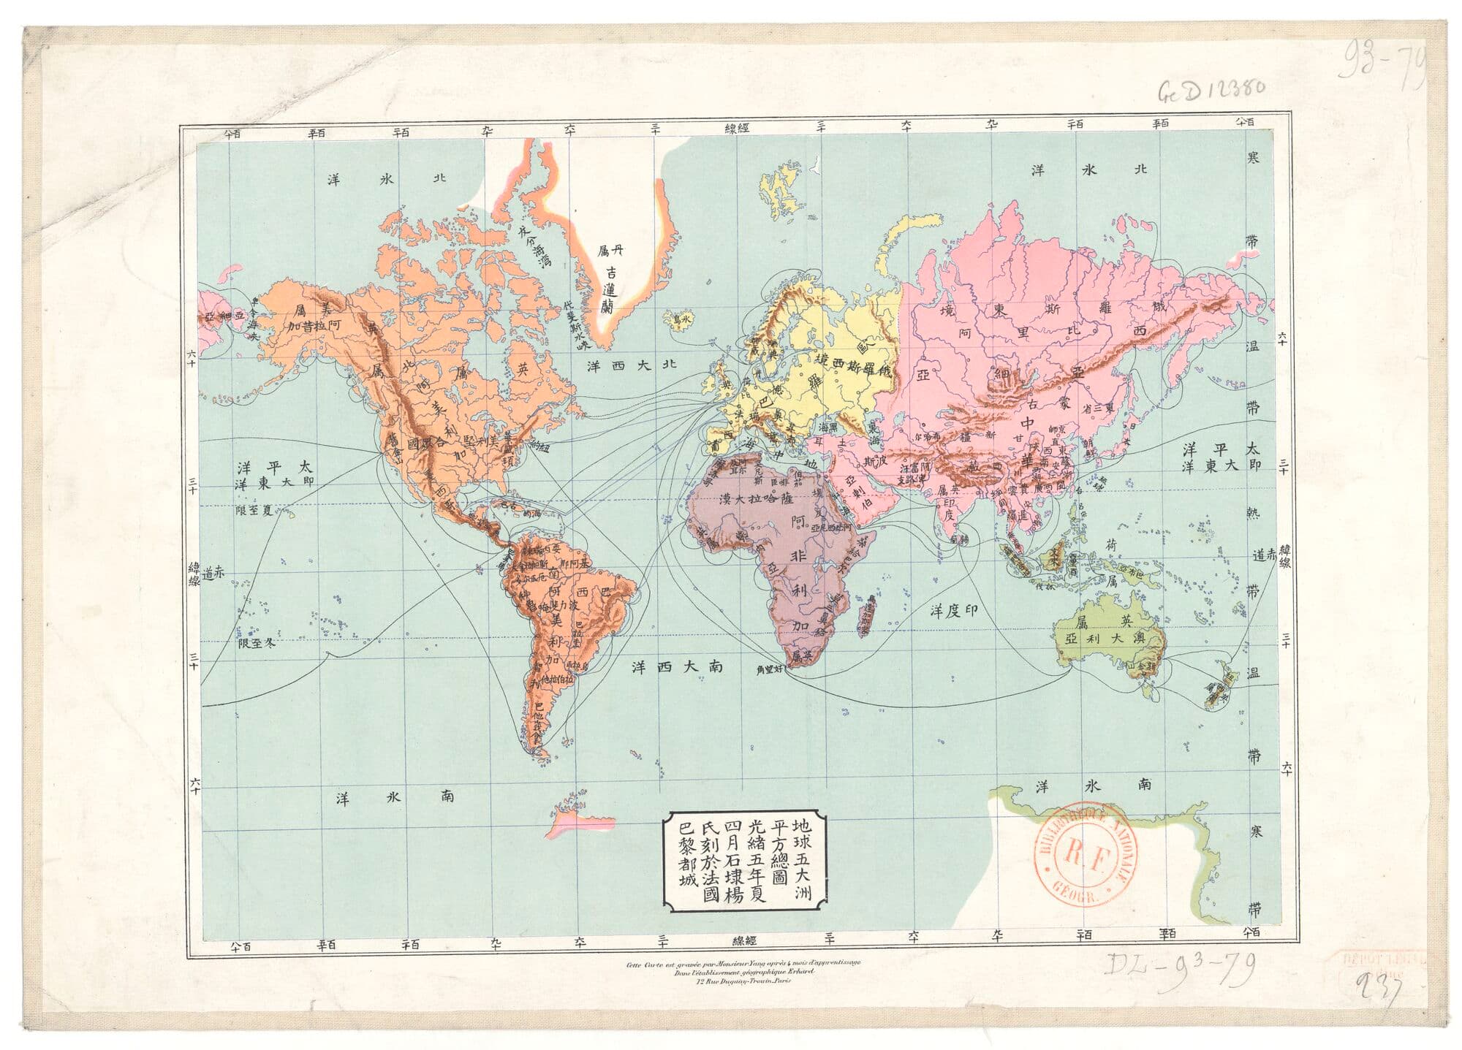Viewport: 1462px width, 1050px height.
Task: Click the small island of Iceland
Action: (x=677, y=320)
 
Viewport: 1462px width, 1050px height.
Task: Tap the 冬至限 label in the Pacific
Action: (x=260, y=643)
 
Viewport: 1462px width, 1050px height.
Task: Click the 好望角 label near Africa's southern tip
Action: (x=771, y=669)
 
